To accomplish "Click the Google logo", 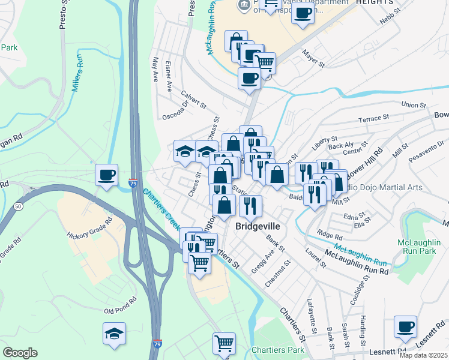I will tap(20, 352).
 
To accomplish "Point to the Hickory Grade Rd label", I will tap(90, 229).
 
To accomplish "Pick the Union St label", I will tap(414, 105).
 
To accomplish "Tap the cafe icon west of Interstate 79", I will tap(106, 175).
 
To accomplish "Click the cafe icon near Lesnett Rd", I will tap(405, 327).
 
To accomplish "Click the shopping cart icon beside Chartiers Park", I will tap(224, 344).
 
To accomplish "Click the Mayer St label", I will tap(313, 58).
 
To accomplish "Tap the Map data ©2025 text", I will tap(423, 355).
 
